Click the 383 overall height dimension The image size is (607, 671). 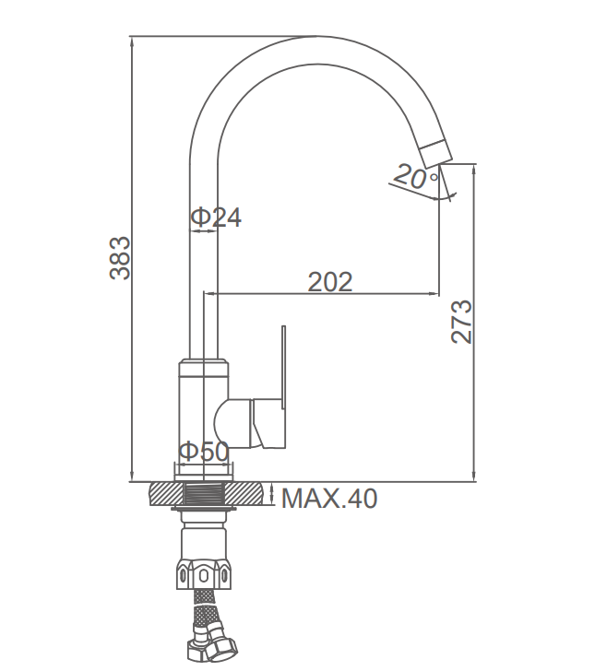point(120,258)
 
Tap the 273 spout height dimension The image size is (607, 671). point(461,322)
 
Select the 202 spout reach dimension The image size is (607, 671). point(330,282)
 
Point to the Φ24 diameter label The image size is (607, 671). point(216,217)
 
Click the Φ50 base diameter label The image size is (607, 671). point(204,451)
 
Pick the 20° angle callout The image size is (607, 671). point(416,177)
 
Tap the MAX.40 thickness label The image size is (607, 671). point(329,498)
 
